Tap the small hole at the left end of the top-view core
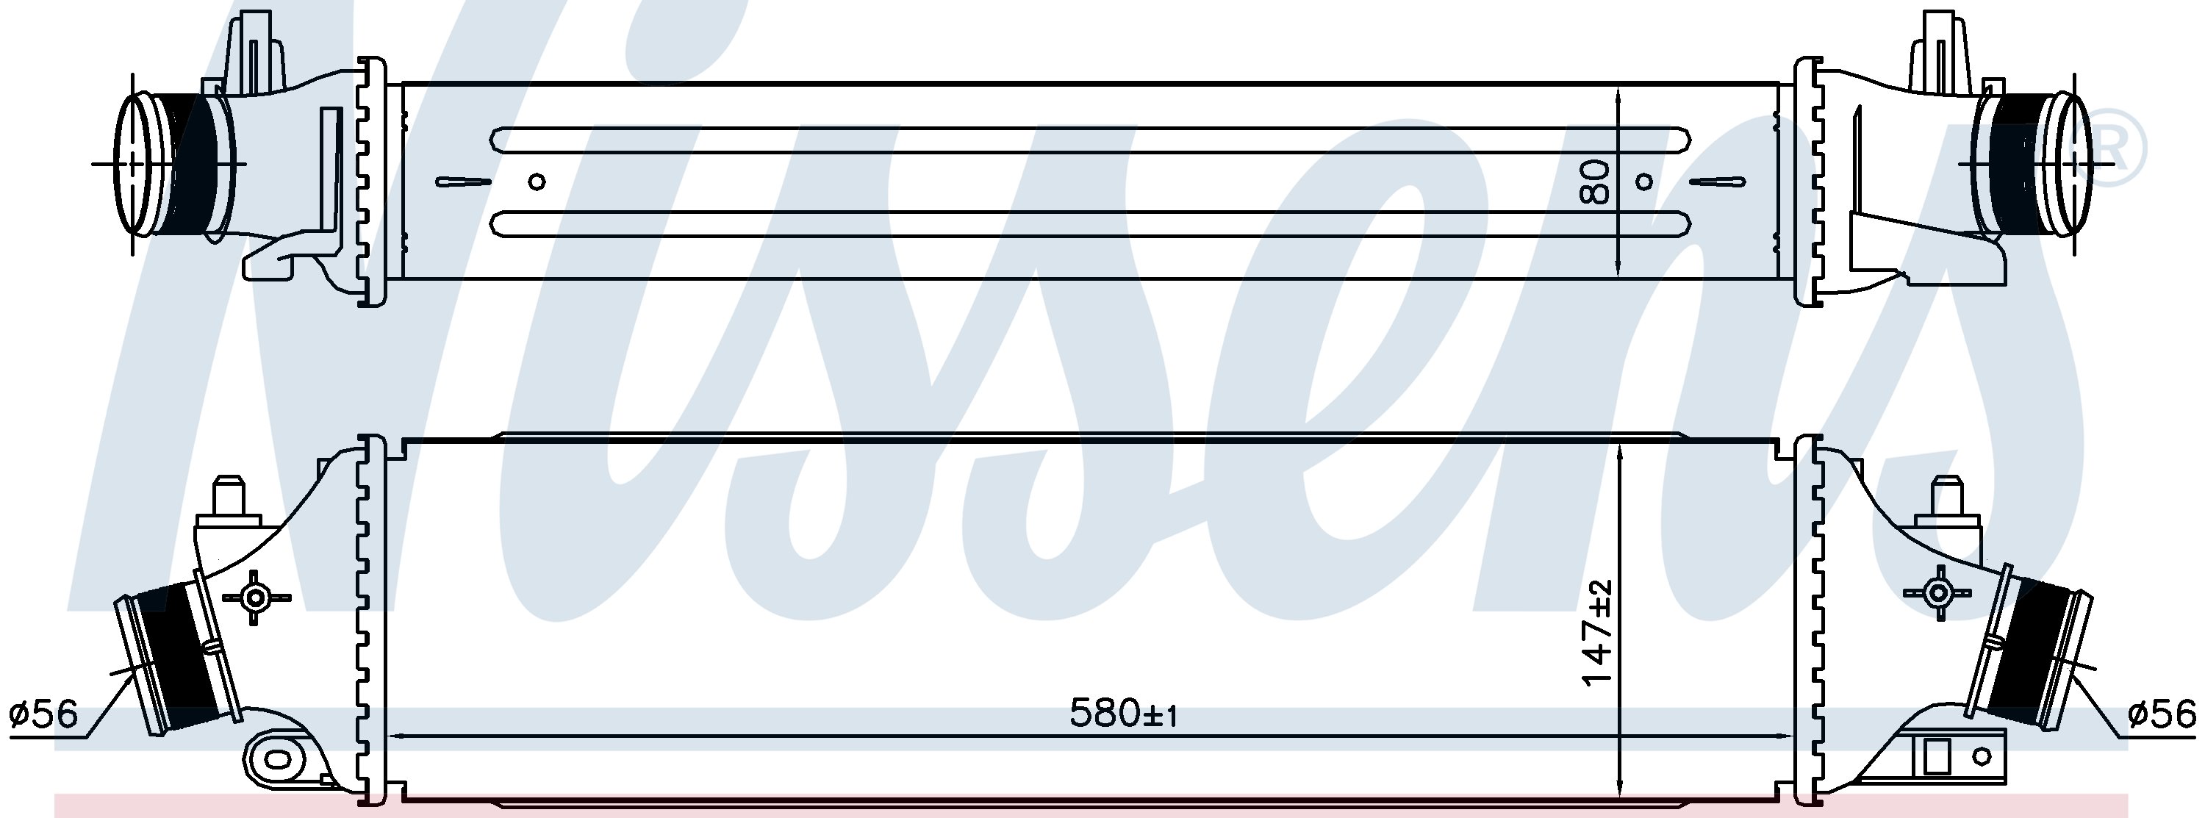tap(537, 182)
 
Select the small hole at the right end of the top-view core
tap(1644, 182)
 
